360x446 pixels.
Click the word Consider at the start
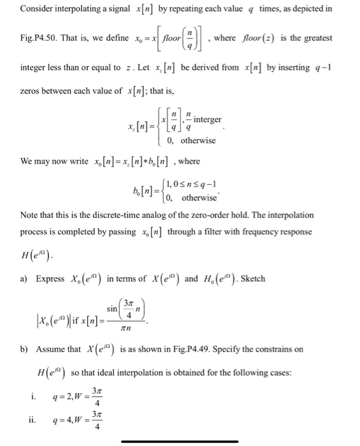[36, 10]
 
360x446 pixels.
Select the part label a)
[25, 279]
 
